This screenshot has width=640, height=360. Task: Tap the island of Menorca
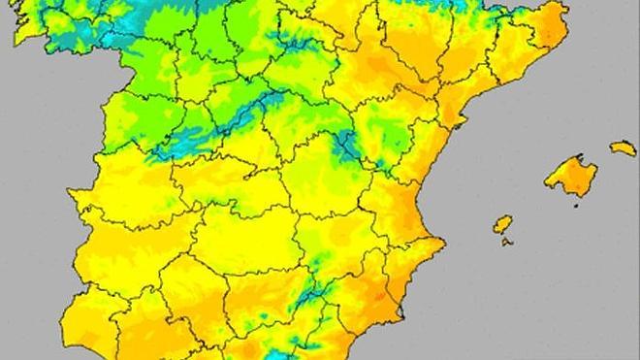coord(623,148)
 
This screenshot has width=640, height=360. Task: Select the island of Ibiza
coord(502,224)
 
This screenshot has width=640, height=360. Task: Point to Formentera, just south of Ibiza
coord(507,241)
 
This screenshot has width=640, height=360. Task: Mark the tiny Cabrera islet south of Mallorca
coord(574,204)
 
